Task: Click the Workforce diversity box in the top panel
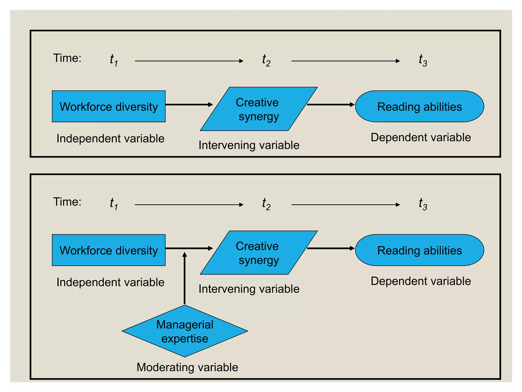[x=109, y=106]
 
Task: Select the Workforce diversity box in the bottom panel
[x=109, y=250]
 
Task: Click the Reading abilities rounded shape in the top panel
[x=420, y=106]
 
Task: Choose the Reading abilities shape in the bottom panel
[x=420, y=250]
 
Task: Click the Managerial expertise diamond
[x=185, y=331]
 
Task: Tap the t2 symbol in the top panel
[x=266, y=60]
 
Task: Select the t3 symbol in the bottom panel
[x=423, y=204]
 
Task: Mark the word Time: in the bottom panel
[x=67, y=202]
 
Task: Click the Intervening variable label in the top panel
[x=249, y=145]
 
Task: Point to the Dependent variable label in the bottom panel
[x=421, y=281]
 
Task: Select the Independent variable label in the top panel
[x=110, y=139]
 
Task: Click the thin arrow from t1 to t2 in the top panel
[x=189, y=61]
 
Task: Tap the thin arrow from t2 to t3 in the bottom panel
[x=345, y=205]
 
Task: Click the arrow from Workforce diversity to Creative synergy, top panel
[x=189, y=105]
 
